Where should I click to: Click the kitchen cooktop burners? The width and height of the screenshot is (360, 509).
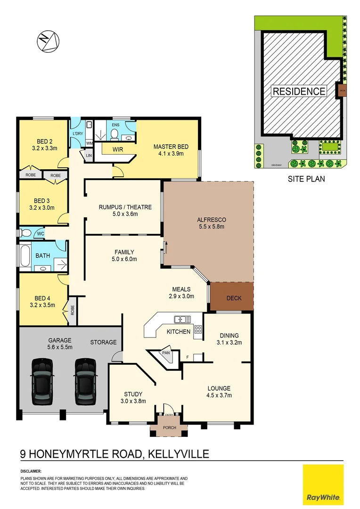tap(198, 330)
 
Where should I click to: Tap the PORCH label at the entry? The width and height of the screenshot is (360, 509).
tap(169, 428)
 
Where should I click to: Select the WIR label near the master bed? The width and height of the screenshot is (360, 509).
tap(118, 149)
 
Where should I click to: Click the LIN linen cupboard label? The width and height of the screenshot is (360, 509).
tap(88, 155)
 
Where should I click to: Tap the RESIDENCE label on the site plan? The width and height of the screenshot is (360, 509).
tap(299, 91)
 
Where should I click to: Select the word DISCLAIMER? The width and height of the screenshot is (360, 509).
tap(31, 471)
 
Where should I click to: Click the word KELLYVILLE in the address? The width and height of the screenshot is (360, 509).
tap(179, 454)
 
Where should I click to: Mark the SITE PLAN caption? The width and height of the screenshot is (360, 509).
tap(306, 179)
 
